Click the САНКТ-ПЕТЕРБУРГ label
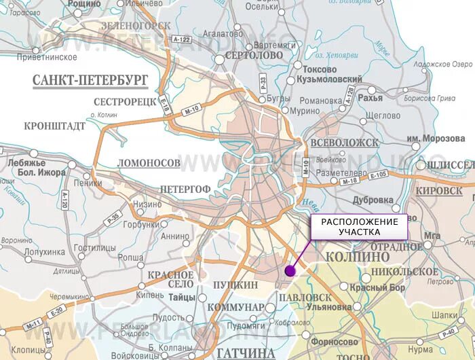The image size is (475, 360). [90, 81]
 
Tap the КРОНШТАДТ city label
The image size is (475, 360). [54, 126]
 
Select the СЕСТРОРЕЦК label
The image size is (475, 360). [126, 102]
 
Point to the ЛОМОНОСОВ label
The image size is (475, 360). [149, 164]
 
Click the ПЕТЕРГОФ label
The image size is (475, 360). [183, 187]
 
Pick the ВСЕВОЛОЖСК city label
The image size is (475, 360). [343, 143]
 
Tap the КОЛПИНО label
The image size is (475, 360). [357, 257]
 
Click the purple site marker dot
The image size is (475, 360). [290, 270]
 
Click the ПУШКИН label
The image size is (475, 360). [235, 285]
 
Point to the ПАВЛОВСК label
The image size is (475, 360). [304, 297]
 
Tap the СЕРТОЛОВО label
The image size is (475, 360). [253, 55]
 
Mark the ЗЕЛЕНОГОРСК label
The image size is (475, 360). [136, 25]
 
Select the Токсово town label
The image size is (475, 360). [319, 69]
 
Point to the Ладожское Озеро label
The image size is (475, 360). [443, 64]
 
